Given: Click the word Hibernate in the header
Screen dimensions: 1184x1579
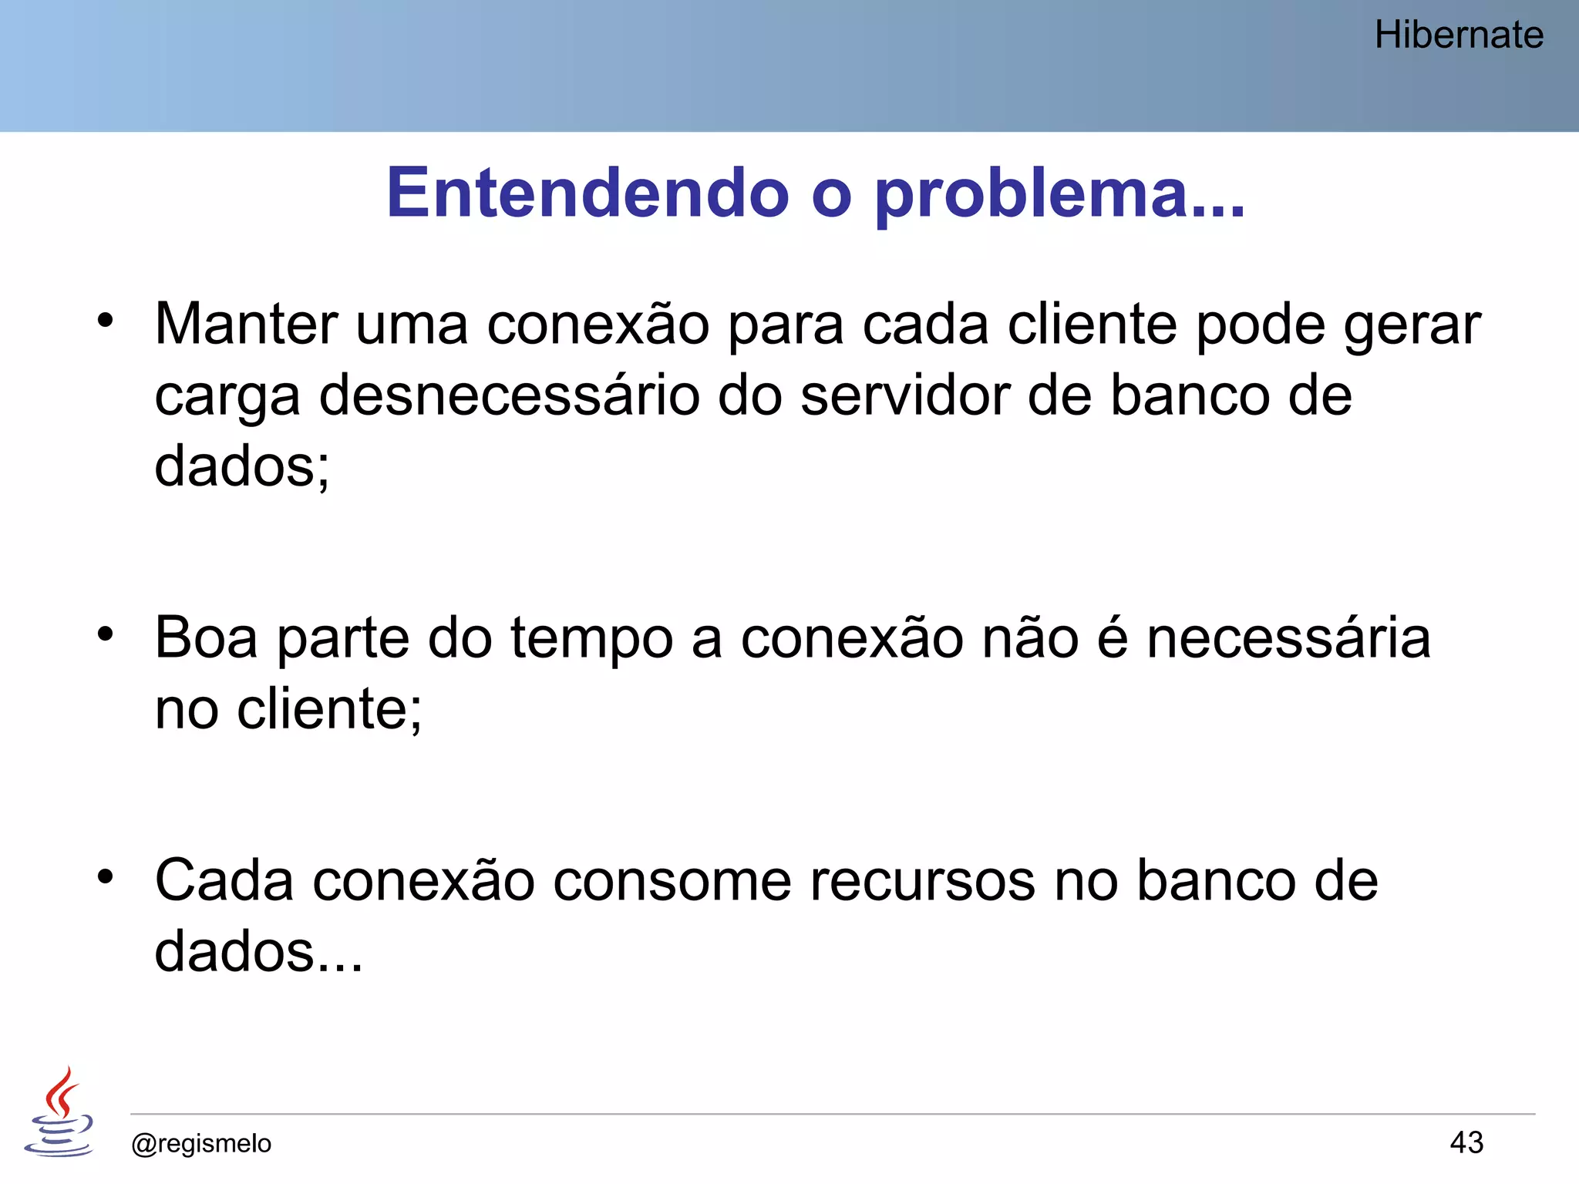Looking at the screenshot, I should [1459, 35].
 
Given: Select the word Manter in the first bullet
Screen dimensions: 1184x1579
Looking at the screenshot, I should [246, 324].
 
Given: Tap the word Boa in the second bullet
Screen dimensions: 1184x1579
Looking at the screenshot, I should [206, 638].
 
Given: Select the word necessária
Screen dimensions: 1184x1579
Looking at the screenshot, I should [1288, 638].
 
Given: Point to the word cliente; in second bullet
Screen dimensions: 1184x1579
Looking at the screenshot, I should [329, 709].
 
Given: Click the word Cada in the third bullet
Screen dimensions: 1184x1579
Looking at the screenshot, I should [224, 880].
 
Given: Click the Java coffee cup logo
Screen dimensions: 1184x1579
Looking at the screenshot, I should [59, 1112].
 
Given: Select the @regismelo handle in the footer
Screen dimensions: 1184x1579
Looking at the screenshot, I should [201, 1143].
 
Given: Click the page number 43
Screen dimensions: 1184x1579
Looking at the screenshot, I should [1466, 1142].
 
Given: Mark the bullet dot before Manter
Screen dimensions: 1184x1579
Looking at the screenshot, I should [106, 320].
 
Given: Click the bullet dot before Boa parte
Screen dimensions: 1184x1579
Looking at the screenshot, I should [106, 634].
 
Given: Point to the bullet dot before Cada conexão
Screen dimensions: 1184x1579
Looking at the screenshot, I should [106, 876].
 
